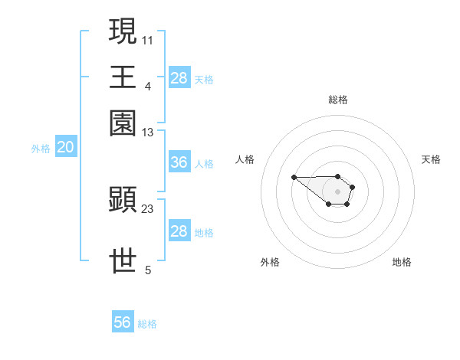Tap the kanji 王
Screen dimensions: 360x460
[123, 77]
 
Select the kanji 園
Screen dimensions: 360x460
[123, 123]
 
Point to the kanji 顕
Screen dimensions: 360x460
[123, 200]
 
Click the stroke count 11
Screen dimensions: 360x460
[148, 39]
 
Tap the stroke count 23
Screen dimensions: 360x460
[148, 208]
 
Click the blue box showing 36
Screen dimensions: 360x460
[179, 163]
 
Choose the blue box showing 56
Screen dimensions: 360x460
[123, 322]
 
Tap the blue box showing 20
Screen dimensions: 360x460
[65, 148]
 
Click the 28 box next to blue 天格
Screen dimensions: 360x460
[179, 78]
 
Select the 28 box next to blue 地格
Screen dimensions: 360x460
[179, 232]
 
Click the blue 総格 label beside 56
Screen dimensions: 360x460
[147, 324]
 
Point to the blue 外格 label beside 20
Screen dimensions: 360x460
[41, 149]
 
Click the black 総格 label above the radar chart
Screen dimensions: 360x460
[338, 100]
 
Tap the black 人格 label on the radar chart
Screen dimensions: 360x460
[245, 159]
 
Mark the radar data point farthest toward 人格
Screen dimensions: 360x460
[294, 178]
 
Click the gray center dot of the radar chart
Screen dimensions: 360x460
[337, 191]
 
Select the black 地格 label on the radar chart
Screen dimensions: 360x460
[402, 263]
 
